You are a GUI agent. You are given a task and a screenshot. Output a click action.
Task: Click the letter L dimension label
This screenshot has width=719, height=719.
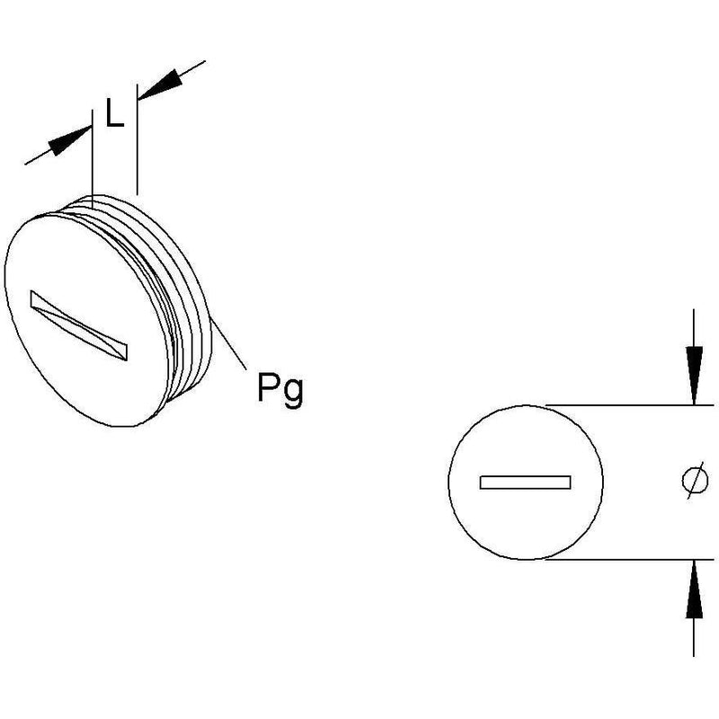[114, 113]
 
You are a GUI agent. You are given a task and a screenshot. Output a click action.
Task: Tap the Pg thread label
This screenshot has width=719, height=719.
[280, 390]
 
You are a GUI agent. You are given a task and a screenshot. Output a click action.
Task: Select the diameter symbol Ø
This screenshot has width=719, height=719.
[694, 481]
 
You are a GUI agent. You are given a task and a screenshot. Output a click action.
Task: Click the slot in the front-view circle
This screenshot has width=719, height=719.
[525, 483]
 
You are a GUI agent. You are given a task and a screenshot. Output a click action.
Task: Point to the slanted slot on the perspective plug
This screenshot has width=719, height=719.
[79, 325]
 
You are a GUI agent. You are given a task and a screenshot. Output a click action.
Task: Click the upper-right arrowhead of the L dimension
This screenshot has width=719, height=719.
[160, 85]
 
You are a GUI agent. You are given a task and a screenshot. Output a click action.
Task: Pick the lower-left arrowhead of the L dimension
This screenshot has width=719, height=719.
[70, 141]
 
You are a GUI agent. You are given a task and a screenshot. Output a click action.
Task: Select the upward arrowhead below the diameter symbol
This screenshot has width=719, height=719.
[694, 589]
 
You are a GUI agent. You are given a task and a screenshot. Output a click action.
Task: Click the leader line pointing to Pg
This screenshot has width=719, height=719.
[228, 344]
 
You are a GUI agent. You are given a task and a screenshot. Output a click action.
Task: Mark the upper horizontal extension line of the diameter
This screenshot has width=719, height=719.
[630, 405]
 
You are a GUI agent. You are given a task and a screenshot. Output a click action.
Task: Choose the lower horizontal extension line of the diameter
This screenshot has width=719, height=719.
[630, 559]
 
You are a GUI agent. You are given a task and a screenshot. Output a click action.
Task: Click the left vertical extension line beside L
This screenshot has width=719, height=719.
[93, 160]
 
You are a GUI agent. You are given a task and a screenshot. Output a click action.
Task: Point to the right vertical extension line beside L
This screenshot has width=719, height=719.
[137, 139]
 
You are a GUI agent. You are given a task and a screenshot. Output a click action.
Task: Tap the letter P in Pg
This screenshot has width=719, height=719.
[268, 387]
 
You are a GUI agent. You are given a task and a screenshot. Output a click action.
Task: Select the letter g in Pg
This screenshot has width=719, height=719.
[293, 394]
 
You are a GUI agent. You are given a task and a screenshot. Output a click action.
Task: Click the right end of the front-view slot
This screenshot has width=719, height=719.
[571, 483]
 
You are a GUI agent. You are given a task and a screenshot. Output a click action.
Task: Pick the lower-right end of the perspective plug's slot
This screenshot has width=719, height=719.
[126, 352]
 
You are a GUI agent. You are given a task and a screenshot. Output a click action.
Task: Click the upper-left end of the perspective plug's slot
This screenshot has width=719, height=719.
[31, 298]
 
